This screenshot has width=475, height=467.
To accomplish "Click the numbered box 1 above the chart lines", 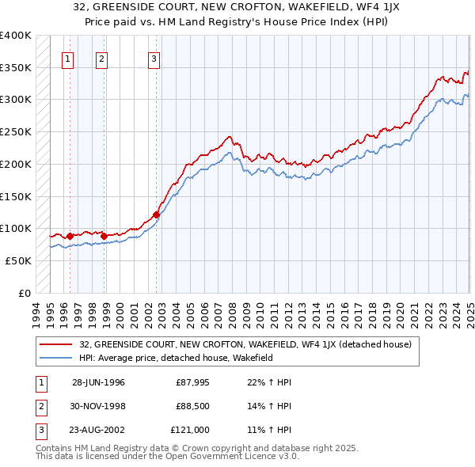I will click(68, 58).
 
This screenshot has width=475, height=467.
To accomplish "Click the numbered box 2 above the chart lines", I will click(103, 58).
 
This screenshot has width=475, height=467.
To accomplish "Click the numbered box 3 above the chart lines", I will click(154, 58).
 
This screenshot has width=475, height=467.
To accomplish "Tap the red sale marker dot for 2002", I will click(156, 215).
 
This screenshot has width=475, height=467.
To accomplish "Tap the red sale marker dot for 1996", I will click(70, 236).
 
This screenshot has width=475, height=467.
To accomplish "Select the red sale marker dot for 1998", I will click(104, 235).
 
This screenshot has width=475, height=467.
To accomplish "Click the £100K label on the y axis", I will click(16, 228).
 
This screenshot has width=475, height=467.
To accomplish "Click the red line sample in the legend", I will click(57, 344).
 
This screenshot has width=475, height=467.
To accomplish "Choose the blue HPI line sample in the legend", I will click(57, 358).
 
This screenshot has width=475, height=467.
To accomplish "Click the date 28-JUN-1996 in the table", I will click(99, 382).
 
